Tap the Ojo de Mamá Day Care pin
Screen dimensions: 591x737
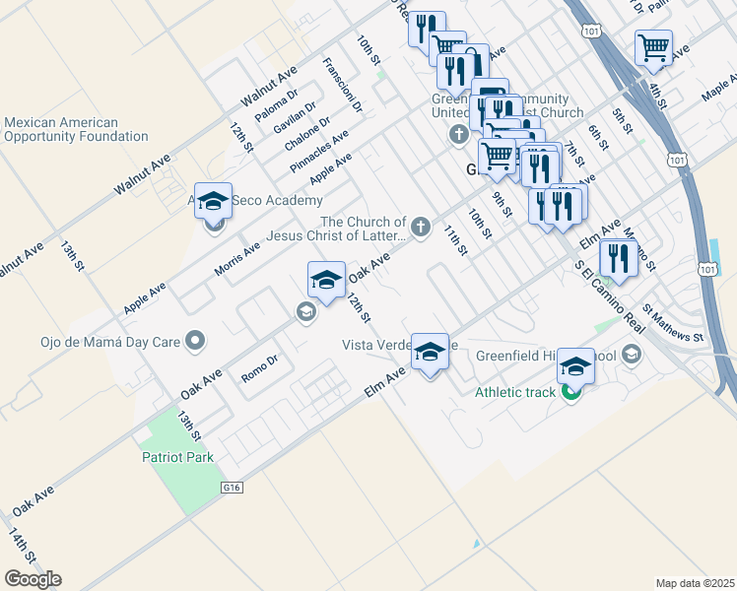click(195, 342)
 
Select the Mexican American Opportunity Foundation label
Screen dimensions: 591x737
click(75, 130)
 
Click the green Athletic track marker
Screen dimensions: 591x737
click(570, 392)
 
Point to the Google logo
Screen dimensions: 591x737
click(33, 578)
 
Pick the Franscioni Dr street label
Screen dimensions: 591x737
click(342, 84)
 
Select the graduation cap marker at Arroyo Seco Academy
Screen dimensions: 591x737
click(213, 202)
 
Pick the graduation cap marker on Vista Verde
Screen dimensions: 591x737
click(430, 352)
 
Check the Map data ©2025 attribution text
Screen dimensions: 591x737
click(695, 582)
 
